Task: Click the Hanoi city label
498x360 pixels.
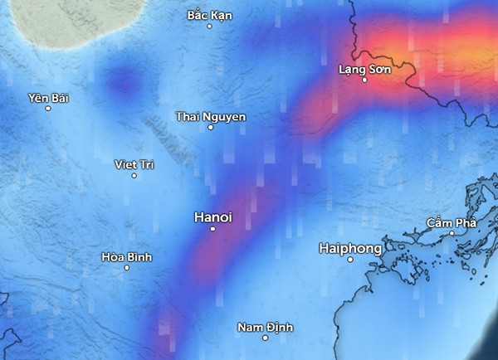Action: pos(212,216)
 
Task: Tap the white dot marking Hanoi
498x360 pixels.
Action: pos(213,228)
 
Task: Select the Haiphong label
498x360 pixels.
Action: pos(350,248)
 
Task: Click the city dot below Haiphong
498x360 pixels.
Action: pos(351,259)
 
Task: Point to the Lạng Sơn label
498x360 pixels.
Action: pos(364,69)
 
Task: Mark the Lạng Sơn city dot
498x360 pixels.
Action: pos(364,80)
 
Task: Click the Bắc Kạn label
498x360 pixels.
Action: pos(209,15)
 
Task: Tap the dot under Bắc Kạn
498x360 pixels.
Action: pos(209,26)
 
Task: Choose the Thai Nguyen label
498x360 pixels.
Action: pos(211,116)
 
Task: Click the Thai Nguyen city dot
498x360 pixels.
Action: pos(211,127)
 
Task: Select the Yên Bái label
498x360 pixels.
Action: pos(47,98)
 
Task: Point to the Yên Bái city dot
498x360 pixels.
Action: pos(48,108)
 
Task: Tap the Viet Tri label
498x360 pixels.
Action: pos(134,164)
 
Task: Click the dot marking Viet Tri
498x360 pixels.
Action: pos(134,175)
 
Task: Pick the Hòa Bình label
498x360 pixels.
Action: pos(126,257)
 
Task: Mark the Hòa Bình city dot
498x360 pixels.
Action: pos(127,267)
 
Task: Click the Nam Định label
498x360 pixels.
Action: pos(266,327)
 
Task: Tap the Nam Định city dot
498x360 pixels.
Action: pos(266,338)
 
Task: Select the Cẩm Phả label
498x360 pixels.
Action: pos(452,222)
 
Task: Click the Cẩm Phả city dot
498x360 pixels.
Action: pos(452,233)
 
